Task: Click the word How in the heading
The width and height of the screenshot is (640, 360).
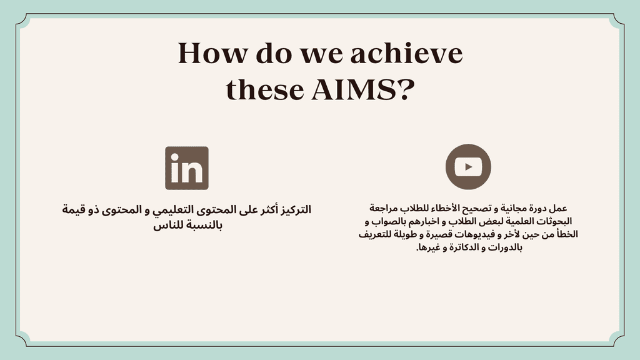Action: tap(212, 54)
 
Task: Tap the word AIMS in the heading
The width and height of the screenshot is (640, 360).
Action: tap(354, 90)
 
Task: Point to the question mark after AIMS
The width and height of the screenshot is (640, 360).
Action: tap(406, 90)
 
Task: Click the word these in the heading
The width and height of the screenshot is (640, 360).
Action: tap(264, 90)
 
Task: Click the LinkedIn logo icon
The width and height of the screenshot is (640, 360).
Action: tap(186, 168)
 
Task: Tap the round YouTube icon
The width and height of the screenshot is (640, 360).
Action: tap(468, 166)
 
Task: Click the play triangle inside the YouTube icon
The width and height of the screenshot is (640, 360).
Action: tap(469, 166)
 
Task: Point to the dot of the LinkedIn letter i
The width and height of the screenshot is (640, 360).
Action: tap(175, 157)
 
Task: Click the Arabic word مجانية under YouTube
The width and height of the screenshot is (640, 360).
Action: tap(516, 209)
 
